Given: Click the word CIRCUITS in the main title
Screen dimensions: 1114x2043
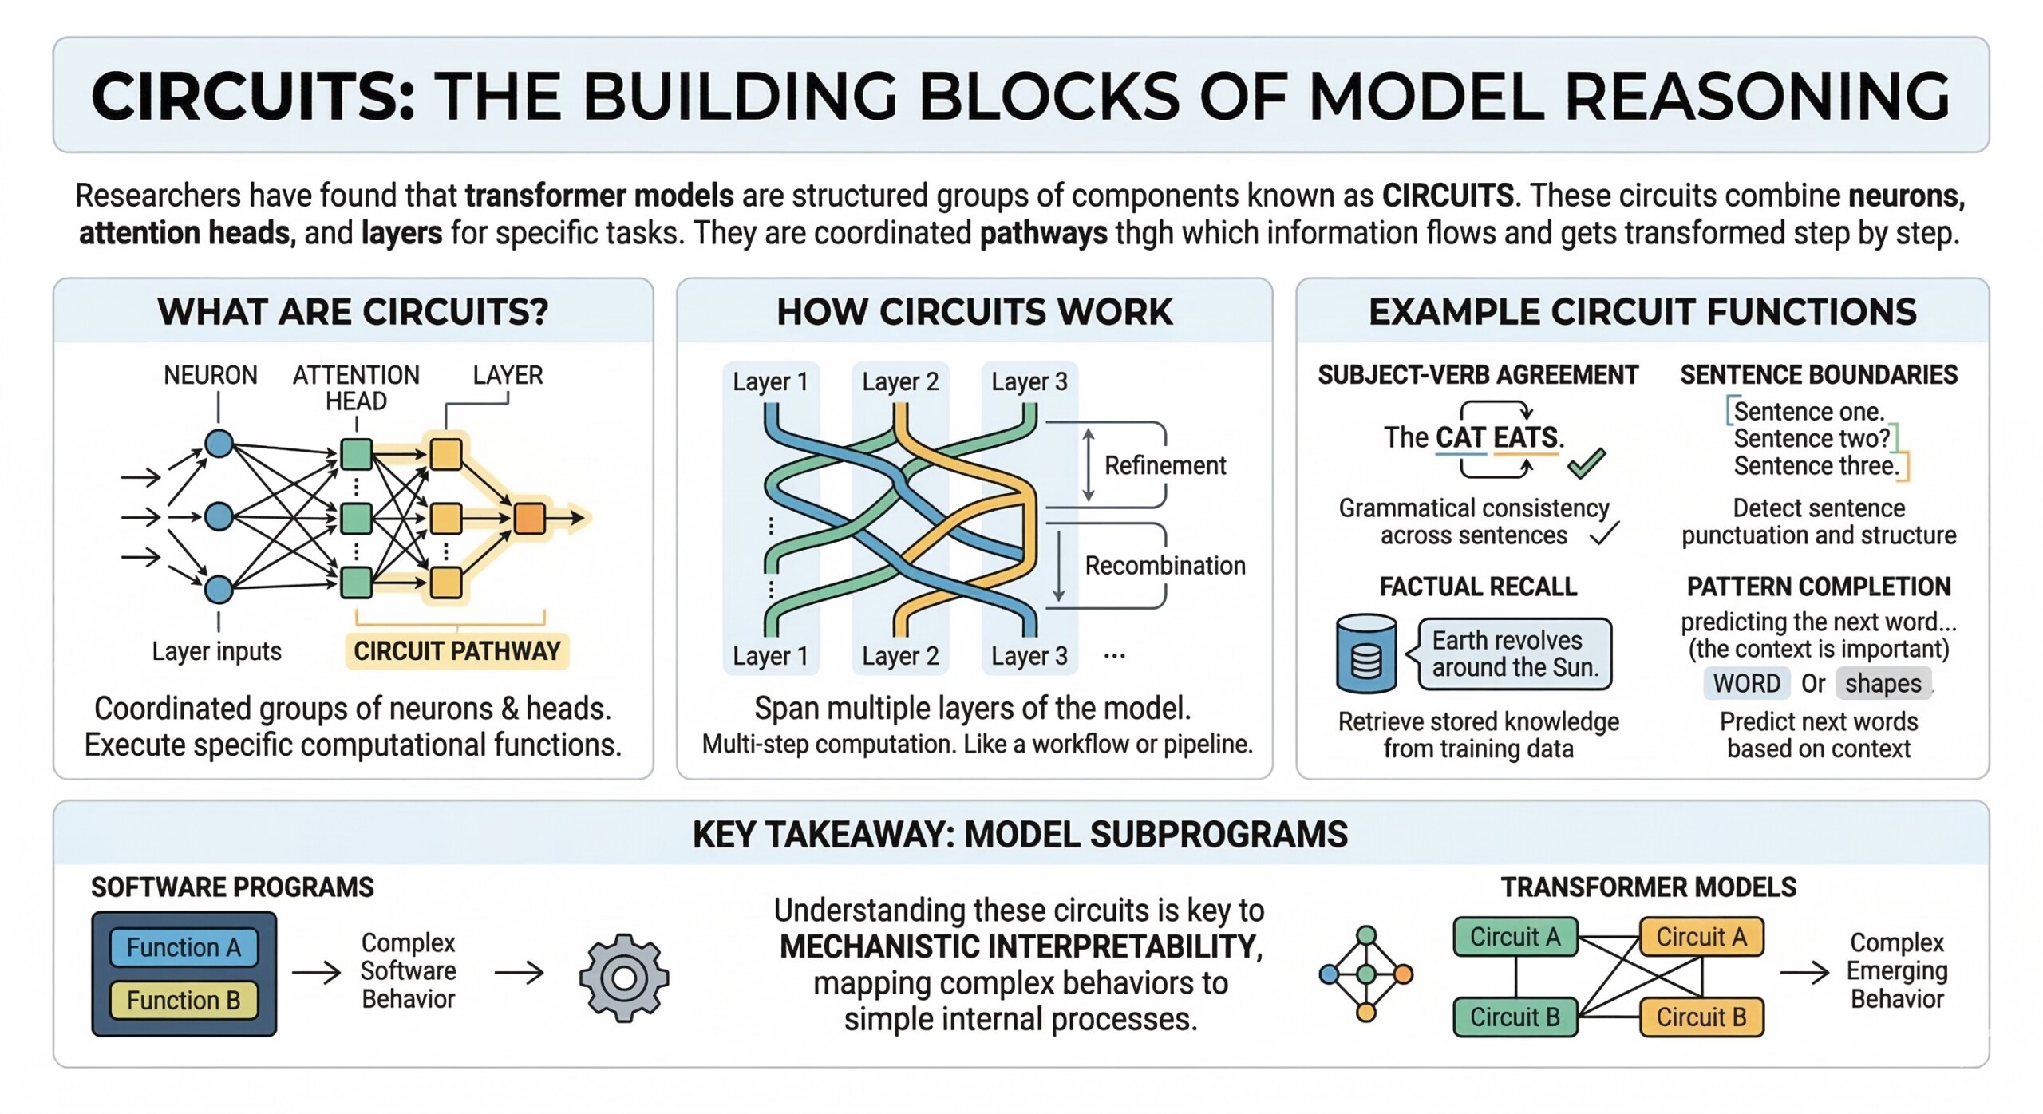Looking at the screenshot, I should coord(252,97).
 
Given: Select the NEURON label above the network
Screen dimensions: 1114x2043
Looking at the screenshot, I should coord(211,375).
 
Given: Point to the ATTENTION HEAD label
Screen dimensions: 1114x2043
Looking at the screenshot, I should coord(356,388).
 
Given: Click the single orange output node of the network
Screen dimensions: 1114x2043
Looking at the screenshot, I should coord(530,518).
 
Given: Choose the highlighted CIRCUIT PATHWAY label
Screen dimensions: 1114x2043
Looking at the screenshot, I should coord(456,651).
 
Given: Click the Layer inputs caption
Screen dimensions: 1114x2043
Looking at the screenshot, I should coord(216,651).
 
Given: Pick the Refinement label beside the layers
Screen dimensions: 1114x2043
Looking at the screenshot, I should coord(1164,465).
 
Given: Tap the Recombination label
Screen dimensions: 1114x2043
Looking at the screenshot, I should coord(1164,566).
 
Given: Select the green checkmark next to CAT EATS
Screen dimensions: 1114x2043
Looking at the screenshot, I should coord(1586,463).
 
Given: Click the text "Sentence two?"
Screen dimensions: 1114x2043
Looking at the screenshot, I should coord(1812,439).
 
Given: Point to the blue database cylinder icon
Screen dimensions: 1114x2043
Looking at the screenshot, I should coord(1366,653).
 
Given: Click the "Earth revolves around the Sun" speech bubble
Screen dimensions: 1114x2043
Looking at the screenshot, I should coord(1515,654).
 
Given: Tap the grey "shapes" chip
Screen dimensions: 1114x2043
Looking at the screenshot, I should coord(1883,684).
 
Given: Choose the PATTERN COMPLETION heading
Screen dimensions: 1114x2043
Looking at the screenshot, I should coord(1818,587).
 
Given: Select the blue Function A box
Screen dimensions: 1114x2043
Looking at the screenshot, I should coord(184,947).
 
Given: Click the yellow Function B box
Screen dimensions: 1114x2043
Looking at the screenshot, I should coord(184,1001).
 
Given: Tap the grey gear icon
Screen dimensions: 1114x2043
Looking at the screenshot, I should coord(624,978).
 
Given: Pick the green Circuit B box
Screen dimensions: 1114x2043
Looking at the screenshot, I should coord(1515,1017).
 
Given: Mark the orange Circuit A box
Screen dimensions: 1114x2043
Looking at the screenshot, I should coord(1701,937).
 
